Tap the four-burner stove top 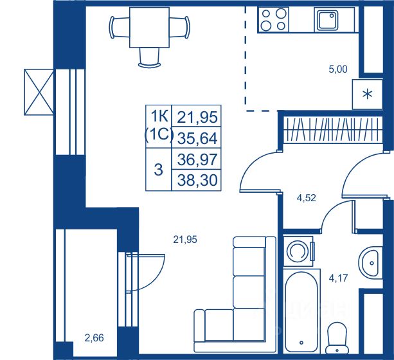273,20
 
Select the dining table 149,28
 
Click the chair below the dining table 150,58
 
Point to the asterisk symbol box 368,94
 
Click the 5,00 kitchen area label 338,69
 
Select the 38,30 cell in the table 197,180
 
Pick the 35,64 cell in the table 197,138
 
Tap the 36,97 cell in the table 197,159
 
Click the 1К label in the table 159,116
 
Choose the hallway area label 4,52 306,198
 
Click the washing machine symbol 299,251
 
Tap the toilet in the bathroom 337,338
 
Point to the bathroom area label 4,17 339,278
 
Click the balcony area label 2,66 94,338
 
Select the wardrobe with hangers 333,130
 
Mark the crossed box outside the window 39,92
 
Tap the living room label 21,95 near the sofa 185,240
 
